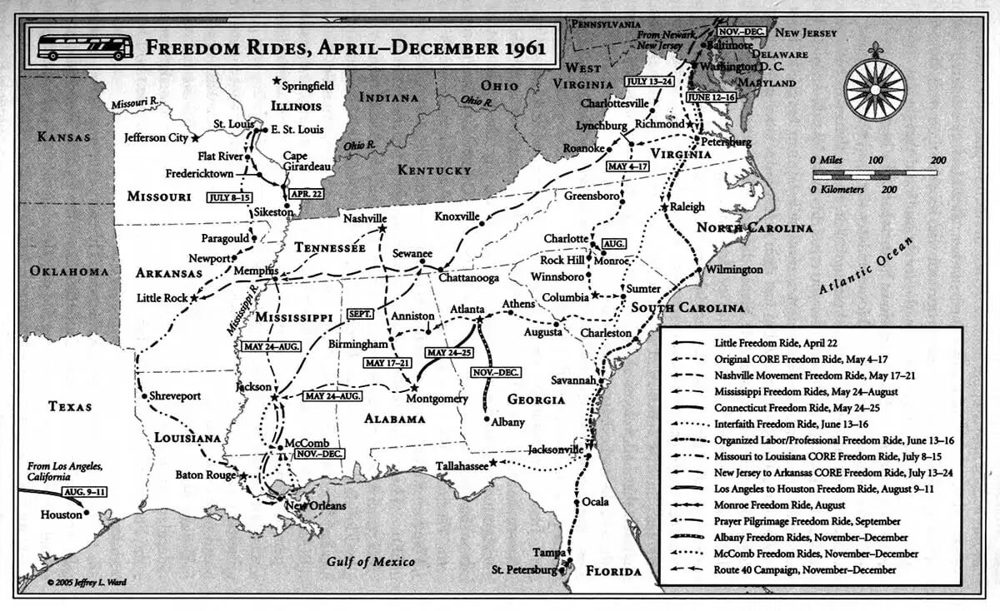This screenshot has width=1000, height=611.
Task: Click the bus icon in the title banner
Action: [x=86, y=47]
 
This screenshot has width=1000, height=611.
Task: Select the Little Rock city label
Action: [x=162, y=298]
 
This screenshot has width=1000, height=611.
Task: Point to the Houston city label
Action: [x=61, y=515]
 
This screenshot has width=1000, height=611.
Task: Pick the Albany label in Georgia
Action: [x=507, y=422]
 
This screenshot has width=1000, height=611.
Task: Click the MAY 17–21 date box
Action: [x=387, y=362]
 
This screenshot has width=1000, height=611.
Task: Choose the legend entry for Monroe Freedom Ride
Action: [x=779, y=505]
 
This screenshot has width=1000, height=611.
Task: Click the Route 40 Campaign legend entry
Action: [x=805, y=570]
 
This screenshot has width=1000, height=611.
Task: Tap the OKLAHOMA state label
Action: [x=69, y=271]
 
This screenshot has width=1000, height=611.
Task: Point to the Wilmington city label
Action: [x=733, y=270]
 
